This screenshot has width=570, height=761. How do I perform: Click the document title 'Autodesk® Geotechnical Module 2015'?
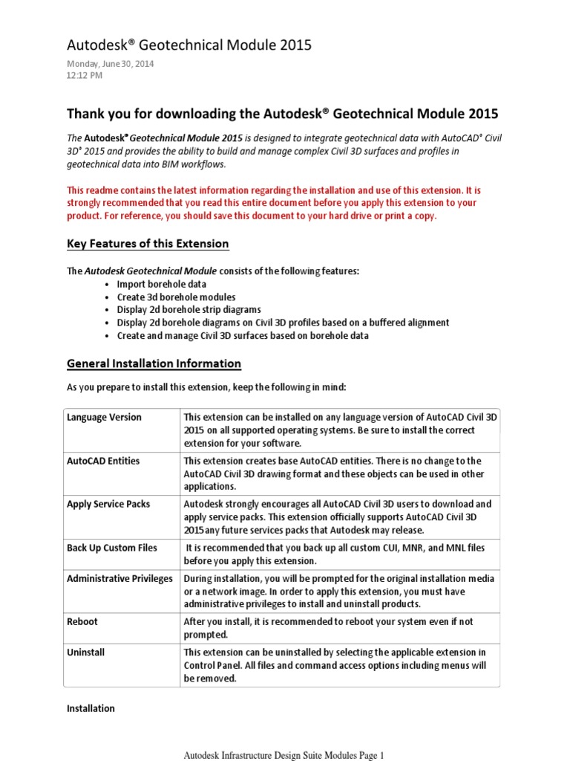click(x=189, y=45)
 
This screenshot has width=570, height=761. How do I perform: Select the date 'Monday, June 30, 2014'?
click(x=111, y=64)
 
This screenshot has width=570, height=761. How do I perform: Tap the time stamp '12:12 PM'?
click(x=85, y=75)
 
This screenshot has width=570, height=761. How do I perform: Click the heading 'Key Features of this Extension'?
click(x=148, y=244)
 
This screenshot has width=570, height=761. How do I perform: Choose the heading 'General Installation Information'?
click(x=154, y=363)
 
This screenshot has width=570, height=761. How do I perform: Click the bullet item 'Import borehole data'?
click(x=162, y=284)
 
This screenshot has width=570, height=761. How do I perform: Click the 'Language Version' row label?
click(x=104, y=417)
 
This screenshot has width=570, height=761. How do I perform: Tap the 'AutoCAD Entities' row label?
click(x=103, y=461)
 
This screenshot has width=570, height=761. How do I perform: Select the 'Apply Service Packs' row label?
click(x=108, y=504)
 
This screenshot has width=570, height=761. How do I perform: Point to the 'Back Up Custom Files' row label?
click(x=112, y=548)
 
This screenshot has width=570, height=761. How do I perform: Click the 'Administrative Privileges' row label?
click(x=119, y=578)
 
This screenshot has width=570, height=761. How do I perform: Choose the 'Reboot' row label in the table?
click(x=82, y=621)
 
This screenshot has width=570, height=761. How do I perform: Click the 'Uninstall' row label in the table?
click(x=86, y=652)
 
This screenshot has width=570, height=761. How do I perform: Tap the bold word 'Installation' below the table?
click(x=91, y=708)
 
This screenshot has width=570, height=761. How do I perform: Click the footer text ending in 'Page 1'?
click(x=284, y=755)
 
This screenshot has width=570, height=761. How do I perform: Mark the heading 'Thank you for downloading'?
click(x=283, y=114)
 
